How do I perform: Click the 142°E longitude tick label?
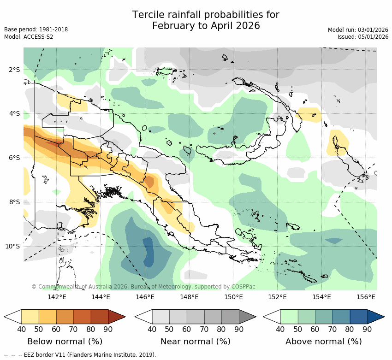point(57,297)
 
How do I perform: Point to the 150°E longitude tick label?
point(233,297)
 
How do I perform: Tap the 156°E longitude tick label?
point(366,297)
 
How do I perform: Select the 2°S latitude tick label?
point(14,70)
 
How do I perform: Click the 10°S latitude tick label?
point(12,246)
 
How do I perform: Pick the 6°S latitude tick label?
point(14,158)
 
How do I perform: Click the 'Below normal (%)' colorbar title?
point(65,342)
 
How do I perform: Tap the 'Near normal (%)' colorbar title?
point(195,342)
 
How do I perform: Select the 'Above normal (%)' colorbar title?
point(323,342)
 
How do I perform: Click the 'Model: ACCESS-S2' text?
point(29,37)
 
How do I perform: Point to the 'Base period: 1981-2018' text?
point(36,30)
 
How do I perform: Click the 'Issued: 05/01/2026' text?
point(362,37)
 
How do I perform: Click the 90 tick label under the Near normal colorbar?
point(239,329)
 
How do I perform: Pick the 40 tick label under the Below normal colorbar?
point(21,329)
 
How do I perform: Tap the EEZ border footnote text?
point(80,355)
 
